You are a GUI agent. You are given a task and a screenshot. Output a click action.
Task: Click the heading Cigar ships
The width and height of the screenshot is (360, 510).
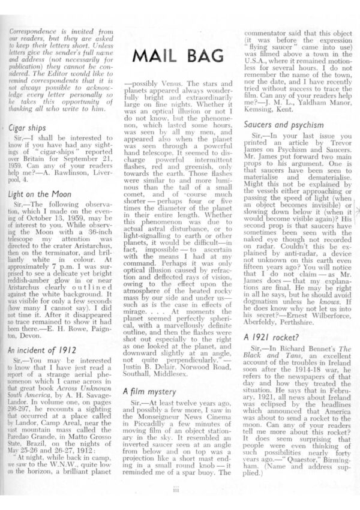(28, 128)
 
